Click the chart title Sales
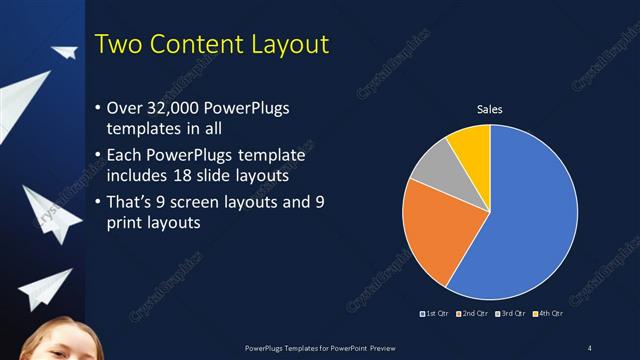[x=489, y=109]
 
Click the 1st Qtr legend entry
[x=434, y=314]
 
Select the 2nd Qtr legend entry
[x=473, y=314]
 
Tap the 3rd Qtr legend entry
[x=512, y=314]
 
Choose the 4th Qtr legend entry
[x=549, y=314]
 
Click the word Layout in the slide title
[x=284, y=45]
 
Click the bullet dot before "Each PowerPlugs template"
[x=97, y=157]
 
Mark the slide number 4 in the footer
[x=589, y=347]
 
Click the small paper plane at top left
[x=65, y=52]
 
